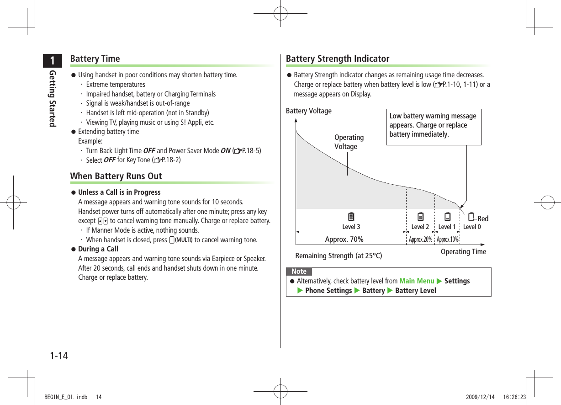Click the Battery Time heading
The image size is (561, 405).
click(x=95, y=59)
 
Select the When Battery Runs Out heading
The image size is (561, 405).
click(x=116, y=176)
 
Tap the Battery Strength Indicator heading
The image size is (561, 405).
click(x=338, y=59)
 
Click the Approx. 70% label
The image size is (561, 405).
click(x=344, y=239)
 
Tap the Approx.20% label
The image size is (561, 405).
click(x=420, y=240)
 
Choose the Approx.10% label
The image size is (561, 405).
click(x=448, y=240)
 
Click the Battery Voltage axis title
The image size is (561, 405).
click(x=309, y=111)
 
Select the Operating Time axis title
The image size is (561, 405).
click(x=463, y=251)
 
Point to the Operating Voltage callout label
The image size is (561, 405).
click(x=349, y=142)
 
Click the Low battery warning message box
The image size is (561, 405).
click(x=434, y=125)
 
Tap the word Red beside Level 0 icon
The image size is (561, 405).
click(x=483, y=219)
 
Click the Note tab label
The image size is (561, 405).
click(x=299, y=272)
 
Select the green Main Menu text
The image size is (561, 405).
click(x=417, y=281)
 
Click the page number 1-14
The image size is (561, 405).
click(x=59, y=355)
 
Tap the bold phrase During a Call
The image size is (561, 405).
click(x=98, y=249)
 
